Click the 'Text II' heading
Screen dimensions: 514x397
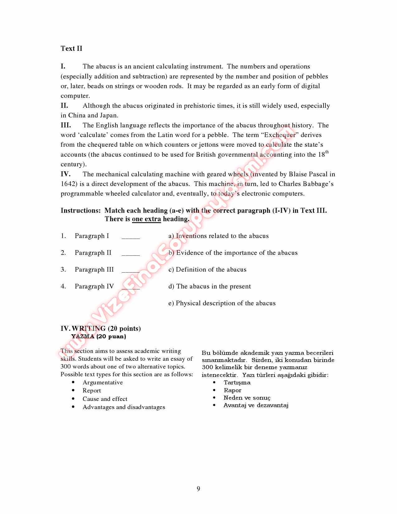[x=71, y=48]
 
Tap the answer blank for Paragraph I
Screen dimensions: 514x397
[x=130, y=236]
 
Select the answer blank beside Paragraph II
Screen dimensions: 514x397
[x=130, y=253]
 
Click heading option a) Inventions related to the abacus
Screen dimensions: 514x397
[x=218, y=236]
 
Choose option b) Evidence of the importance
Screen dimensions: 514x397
[x=233, y=253]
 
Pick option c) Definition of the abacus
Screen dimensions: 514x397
[x=207, y=269]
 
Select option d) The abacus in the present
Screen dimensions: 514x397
[x=210, y=286]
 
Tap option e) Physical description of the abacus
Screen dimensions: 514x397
[x=222, y=303]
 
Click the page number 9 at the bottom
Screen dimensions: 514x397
[x=198, y=488]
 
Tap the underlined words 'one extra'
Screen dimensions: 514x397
[x=146, y=219]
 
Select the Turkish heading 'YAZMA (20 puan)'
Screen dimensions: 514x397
[x=98, y=336]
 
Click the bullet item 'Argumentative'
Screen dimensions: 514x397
[x=102, y=383]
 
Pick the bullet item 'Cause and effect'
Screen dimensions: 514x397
[x=105, y=399]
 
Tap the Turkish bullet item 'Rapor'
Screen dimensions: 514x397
[x=232, y=390]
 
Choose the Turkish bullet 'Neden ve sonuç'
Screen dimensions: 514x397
[x=247, y=398]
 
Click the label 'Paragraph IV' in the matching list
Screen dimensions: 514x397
[x=94, y=286]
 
